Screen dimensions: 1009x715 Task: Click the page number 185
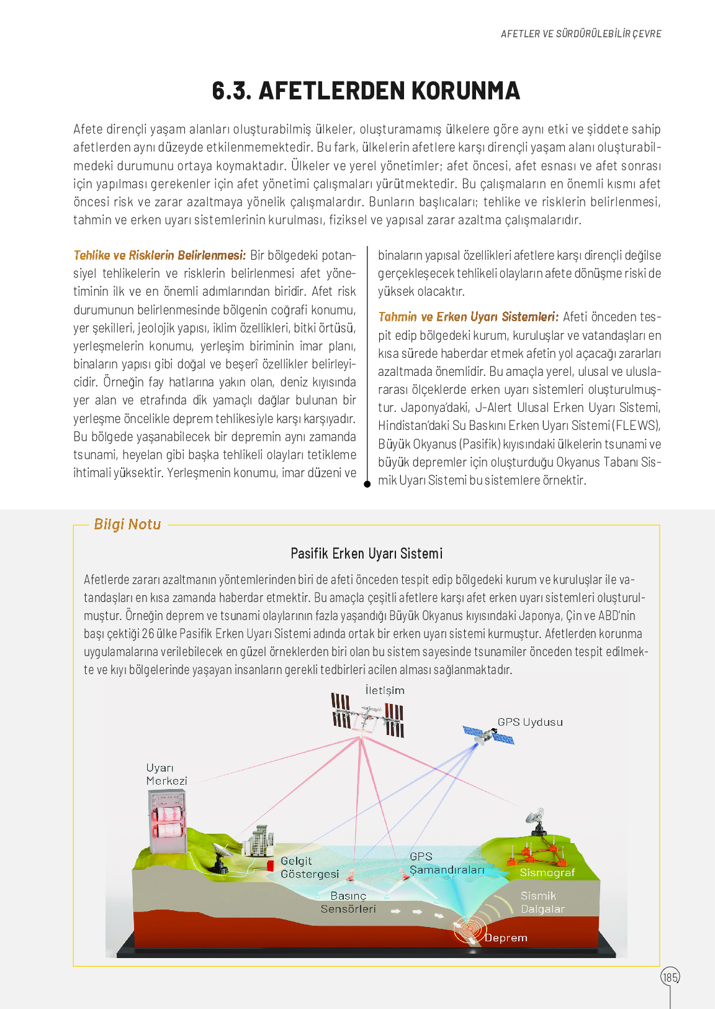[x=670, y=977]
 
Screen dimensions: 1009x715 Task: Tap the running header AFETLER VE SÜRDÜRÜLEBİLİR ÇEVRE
[x=581, y=34]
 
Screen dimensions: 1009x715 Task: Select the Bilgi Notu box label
[x=127, y=524]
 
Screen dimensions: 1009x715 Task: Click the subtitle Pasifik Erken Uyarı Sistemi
[x=366, y=554]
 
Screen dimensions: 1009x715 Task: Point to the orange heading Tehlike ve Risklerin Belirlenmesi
[x=160, y=255]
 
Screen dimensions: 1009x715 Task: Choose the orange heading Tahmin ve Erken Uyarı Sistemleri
[x=468, y=317]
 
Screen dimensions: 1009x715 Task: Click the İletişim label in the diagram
[x=385, y=690]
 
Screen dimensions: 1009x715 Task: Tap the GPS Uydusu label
[x=530, y=722]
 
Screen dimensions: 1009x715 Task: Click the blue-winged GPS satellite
[x=488, y=736]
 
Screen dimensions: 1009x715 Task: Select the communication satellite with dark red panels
[x=368, y=715]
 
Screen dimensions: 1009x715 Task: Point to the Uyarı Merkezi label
[x=166, y=774]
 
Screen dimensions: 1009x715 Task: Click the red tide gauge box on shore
[x=271, y=865]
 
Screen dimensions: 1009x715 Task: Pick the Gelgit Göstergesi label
[x=309, y=867]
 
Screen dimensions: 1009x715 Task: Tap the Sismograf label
[x=547, y=872]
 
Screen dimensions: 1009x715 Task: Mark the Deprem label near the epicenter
[x=506, y=938]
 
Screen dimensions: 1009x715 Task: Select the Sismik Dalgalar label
[x=542, y=902]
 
